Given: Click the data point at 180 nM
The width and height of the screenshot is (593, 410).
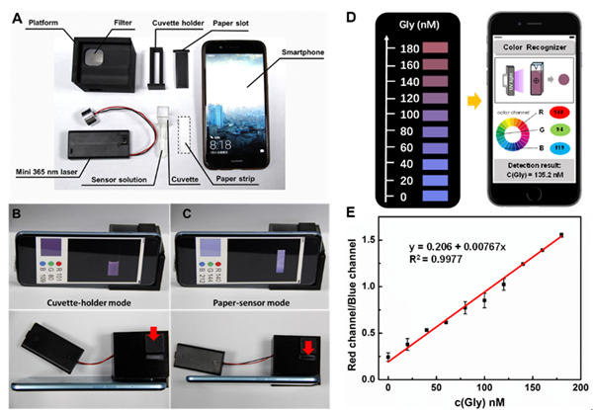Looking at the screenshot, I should tap(561, 235).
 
